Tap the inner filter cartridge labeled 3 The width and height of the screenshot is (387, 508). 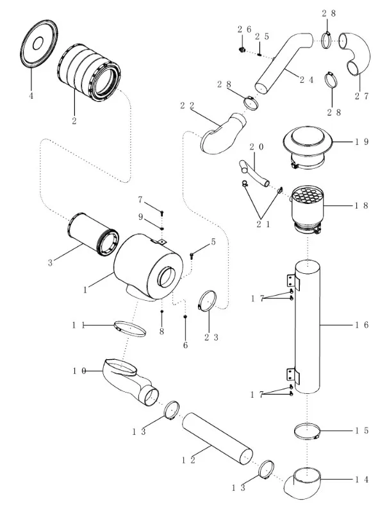point(92,236)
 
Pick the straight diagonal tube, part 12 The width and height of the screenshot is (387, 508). point(218,440)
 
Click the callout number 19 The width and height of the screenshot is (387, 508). point(361,142)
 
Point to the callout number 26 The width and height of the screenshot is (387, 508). point(243,30)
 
